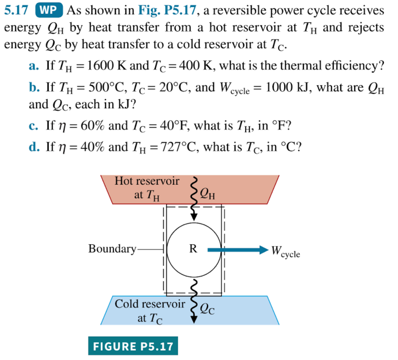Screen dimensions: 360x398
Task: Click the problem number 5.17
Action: (17, 10)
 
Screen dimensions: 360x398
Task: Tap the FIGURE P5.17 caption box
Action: (133, 346)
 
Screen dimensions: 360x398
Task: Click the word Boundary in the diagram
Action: (112, 248)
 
